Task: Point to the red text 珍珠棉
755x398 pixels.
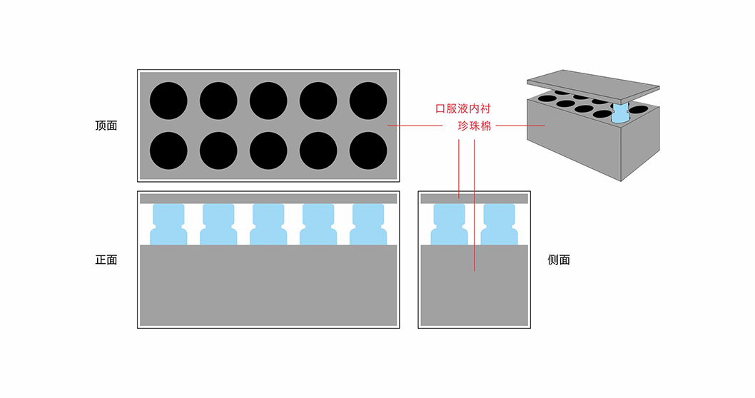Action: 474,126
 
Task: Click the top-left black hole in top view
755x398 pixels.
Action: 168,101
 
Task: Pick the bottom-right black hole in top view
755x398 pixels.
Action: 368,150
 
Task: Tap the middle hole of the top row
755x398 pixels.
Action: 268,101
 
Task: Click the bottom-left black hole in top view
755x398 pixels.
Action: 168,150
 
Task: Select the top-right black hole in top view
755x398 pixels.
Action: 368,101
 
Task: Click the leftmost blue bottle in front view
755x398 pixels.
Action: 168,225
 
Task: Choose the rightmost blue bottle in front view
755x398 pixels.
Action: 368,225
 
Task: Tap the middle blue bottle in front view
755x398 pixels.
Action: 268,225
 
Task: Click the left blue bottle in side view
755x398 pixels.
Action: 450,225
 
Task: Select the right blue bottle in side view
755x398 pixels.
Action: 499,225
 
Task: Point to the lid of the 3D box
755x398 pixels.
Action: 592,84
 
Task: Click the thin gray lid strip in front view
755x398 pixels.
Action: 268,198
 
